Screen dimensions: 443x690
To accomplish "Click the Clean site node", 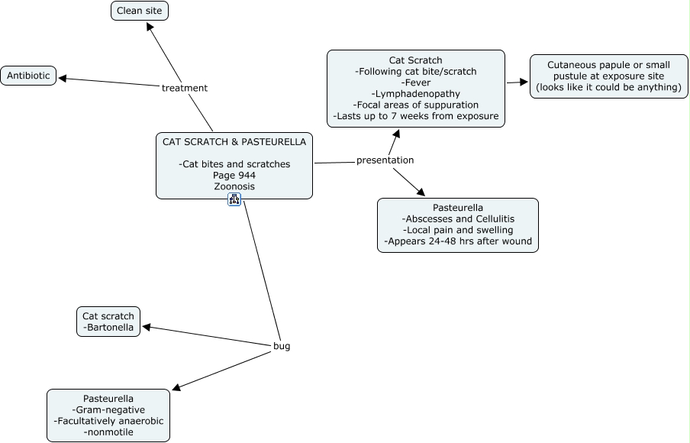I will (x=140, y=11).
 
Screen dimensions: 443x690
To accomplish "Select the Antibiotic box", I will (x=28, y=76).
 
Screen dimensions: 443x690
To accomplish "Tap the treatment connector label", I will (x=184, y=88).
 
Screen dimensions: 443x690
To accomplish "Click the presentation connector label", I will (x=385, y=160).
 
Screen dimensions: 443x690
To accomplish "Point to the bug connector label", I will (x=282, y=346).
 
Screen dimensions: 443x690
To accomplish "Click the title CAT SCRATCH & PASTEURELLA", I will (x=234, y=141).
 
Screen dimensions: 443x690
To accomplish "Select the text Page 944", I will (x=234, y=176).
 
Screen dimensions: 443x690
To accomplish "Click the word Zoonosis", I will (x=234, y=186).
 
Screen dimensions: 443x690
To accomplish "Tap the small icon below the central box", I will (x=234, y=199).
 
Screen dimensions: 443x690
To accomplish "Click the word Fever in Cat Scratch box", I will (x=416, y=82).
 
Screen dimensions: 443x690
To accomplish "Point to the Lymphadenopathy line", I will (x=416, y=93).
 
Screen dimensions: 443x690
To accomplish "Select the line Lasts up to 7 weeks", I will (x=416, y=116).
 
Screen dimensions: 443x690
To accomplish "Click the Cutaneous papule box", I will (x=608, y=76).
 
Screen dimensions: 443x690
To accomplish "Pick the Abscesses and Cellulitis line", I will (x=458, y=219).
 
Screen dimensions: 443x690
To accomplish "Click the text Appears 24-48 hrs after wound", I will (x=458, y=241).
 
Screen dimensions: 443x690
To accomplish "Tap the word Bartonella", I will (x=108, y=328).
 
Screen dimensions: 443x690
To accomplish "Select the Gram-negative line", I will (x=108, y=410).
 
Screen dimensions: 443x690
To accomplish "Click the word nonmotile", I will (x=108, y=432).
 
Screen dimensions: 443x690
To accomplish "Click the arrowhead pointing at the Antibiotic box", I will (x=63, y=77).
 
